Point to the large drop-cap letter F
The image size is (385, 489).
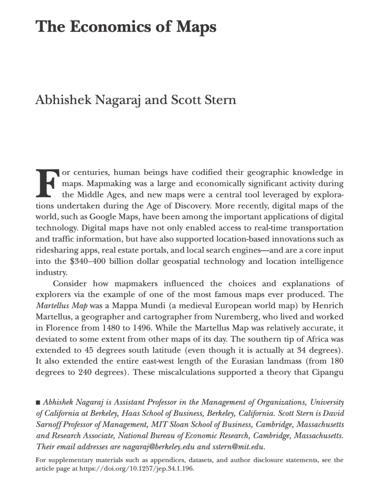click(46, 183)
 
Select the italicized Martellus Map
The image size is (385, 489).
click(62, 306)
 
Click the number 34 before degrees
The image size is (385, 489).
click(302, 350)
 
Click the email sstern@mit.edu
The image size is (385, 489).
click(238, 447)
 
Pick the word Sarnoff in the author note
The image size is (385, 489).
click(48, 425)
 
